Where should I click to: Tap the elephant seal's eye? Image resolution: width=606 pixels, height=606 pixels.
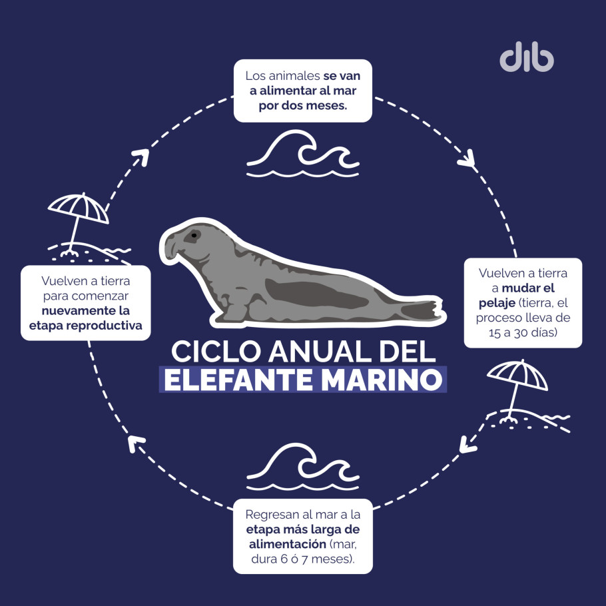click(194, 235)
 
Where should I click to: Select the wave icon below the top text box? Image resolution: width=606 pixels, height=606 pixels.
click(303, 154)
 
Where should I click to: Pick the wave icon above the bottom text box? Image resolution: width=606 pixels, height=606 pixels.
click(303, 467)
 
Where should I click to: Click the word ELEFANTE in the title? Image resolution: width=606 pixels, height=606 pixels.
click(238, 380)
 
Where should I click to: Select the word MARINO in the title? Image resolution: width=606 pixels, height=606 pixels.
click(382, 380)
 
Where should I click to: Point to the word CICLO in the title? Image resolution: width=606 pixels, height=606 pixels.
click(216, 352)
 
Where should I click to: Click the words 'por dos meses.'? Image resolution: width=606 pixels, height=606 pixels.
click(303, 105)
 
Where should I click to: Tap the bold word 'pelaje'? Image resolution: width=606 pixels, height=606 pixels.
click(497, 303)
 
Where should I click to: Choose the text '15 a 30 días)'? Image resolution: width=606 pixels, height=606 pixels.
click(523, 332)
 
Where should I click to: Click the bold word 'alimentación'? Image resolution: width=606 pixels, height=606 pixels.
click(288, 544)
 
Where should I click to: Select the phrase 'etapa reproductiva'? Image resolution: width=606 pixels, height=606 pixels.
click(85, 326)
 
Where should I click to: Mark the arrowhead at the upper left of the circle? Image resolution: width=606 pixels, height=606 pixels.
click(141, 156)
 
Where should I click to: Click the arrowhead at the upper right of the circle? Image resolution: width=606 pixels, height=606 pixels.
click(467, 159)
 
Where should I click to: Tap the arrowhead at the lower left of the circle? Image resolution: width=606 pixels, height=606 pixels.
click(136, 443)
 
